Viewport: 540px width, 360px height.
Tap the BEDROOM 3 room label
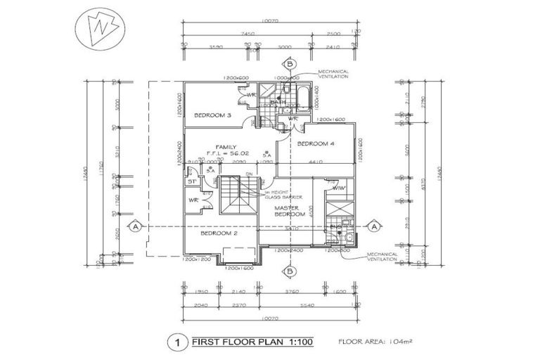213,115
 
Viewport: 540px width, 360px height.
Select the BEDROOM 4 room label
316,143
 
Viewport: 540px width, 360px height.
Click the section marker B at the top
289,64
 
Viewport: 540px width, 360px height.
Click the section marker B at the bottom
289,271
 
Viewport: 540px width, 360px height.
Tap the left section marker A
134,226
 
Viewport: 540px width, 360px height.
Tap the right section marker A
374,226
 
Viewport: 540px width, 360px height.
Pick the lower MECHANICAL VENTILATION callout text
382,258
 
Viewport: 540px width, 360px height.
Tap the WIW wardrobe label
337,188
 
